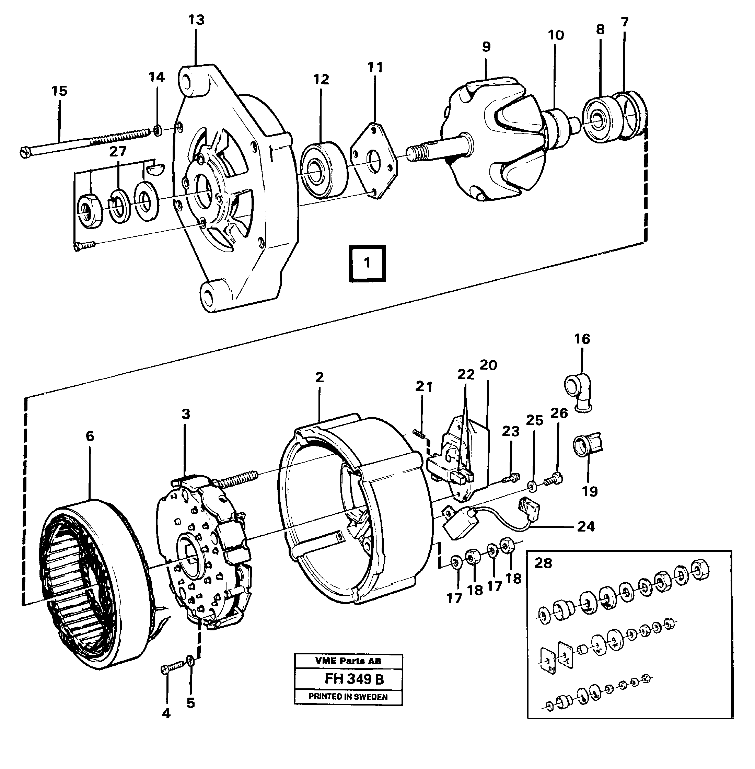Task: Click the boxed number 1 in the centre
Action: pyautogui.click(x=367, y=263)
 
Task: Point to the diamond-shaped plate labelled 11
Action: pyautogui.click(x=374, y=160)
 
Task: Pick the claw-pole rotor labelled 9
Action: pyautogui.click(x=488, y=143)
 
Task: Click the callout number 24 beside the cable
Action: pyautogui.click(x=586, y=526)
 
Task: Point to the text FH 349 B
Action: pyautogui.click(x=354, y=679)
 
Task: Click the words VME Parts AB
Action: pyautogui.click(x=348, y=661)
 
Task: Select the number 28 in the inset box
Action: pyautogui.click(x=543, y=563)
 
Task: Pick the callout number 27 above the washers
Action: pyautogui.click(x=117, y=151)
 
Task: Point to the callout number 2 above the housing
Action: pyautogui.click(x=319, y=377)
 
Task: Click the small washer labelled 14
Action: pyautogui.click(x=158, y=130)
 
